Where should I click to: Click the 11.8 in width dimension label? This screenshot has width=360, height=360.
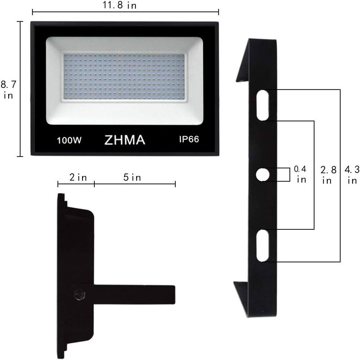point(126,5)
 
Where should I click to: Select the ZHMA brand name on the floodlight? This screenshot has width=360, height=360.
point(125,140)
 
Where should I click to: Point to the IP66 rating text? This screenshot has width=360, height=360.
point(189,139)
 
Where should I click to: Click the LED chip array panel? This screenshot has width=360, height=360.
point(125,78)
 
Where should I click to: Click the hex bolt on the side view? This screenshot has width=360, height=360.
point(79,294)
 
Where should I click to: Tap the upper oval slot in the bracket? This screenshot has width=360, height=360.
point(263,105)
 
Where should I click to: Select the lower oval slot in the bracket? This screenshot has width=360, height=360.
point(263,246)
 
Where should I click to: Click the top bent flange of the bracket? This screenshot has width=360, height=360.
point(242,61)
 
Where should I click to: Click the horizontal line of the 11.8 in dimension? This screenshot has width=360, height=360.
point(72,12)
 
